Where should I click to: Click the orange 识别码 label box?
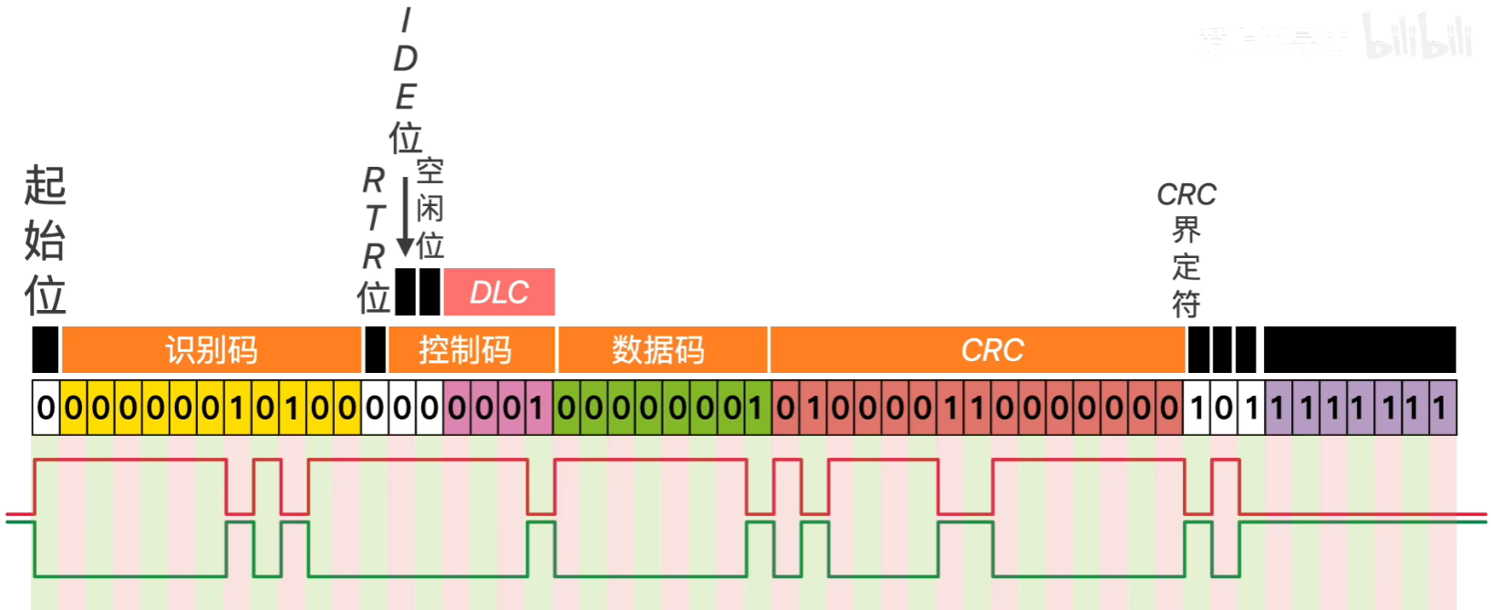(x=212, y=350)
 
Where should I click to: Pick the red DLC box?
(x=500, y=292)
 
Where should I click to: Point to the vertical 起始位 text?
(x=45, y=241)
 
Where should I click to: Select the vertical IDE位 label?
(x=406, y=80)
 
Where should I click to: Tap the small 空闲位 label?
(x=430, y=209)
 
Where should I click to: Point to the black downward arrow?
(x=406, y=219)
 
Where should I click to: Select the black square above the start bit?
(x=46, y=350)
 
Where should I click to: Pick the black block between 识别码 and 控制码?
(x=375, y=350)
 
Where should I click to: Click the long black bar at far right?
(x=1360, y=350)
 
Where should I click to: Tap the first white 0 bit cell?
(x=46, y=408)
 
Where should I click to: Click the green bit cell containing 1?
(x=756, y=408)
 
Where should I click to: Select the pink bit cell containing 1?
(x=537, y=408)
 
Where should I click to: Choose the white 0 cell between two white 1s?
(x=1224, y=408)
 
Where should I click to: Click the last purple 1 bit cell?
(x=1441, y=408)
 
